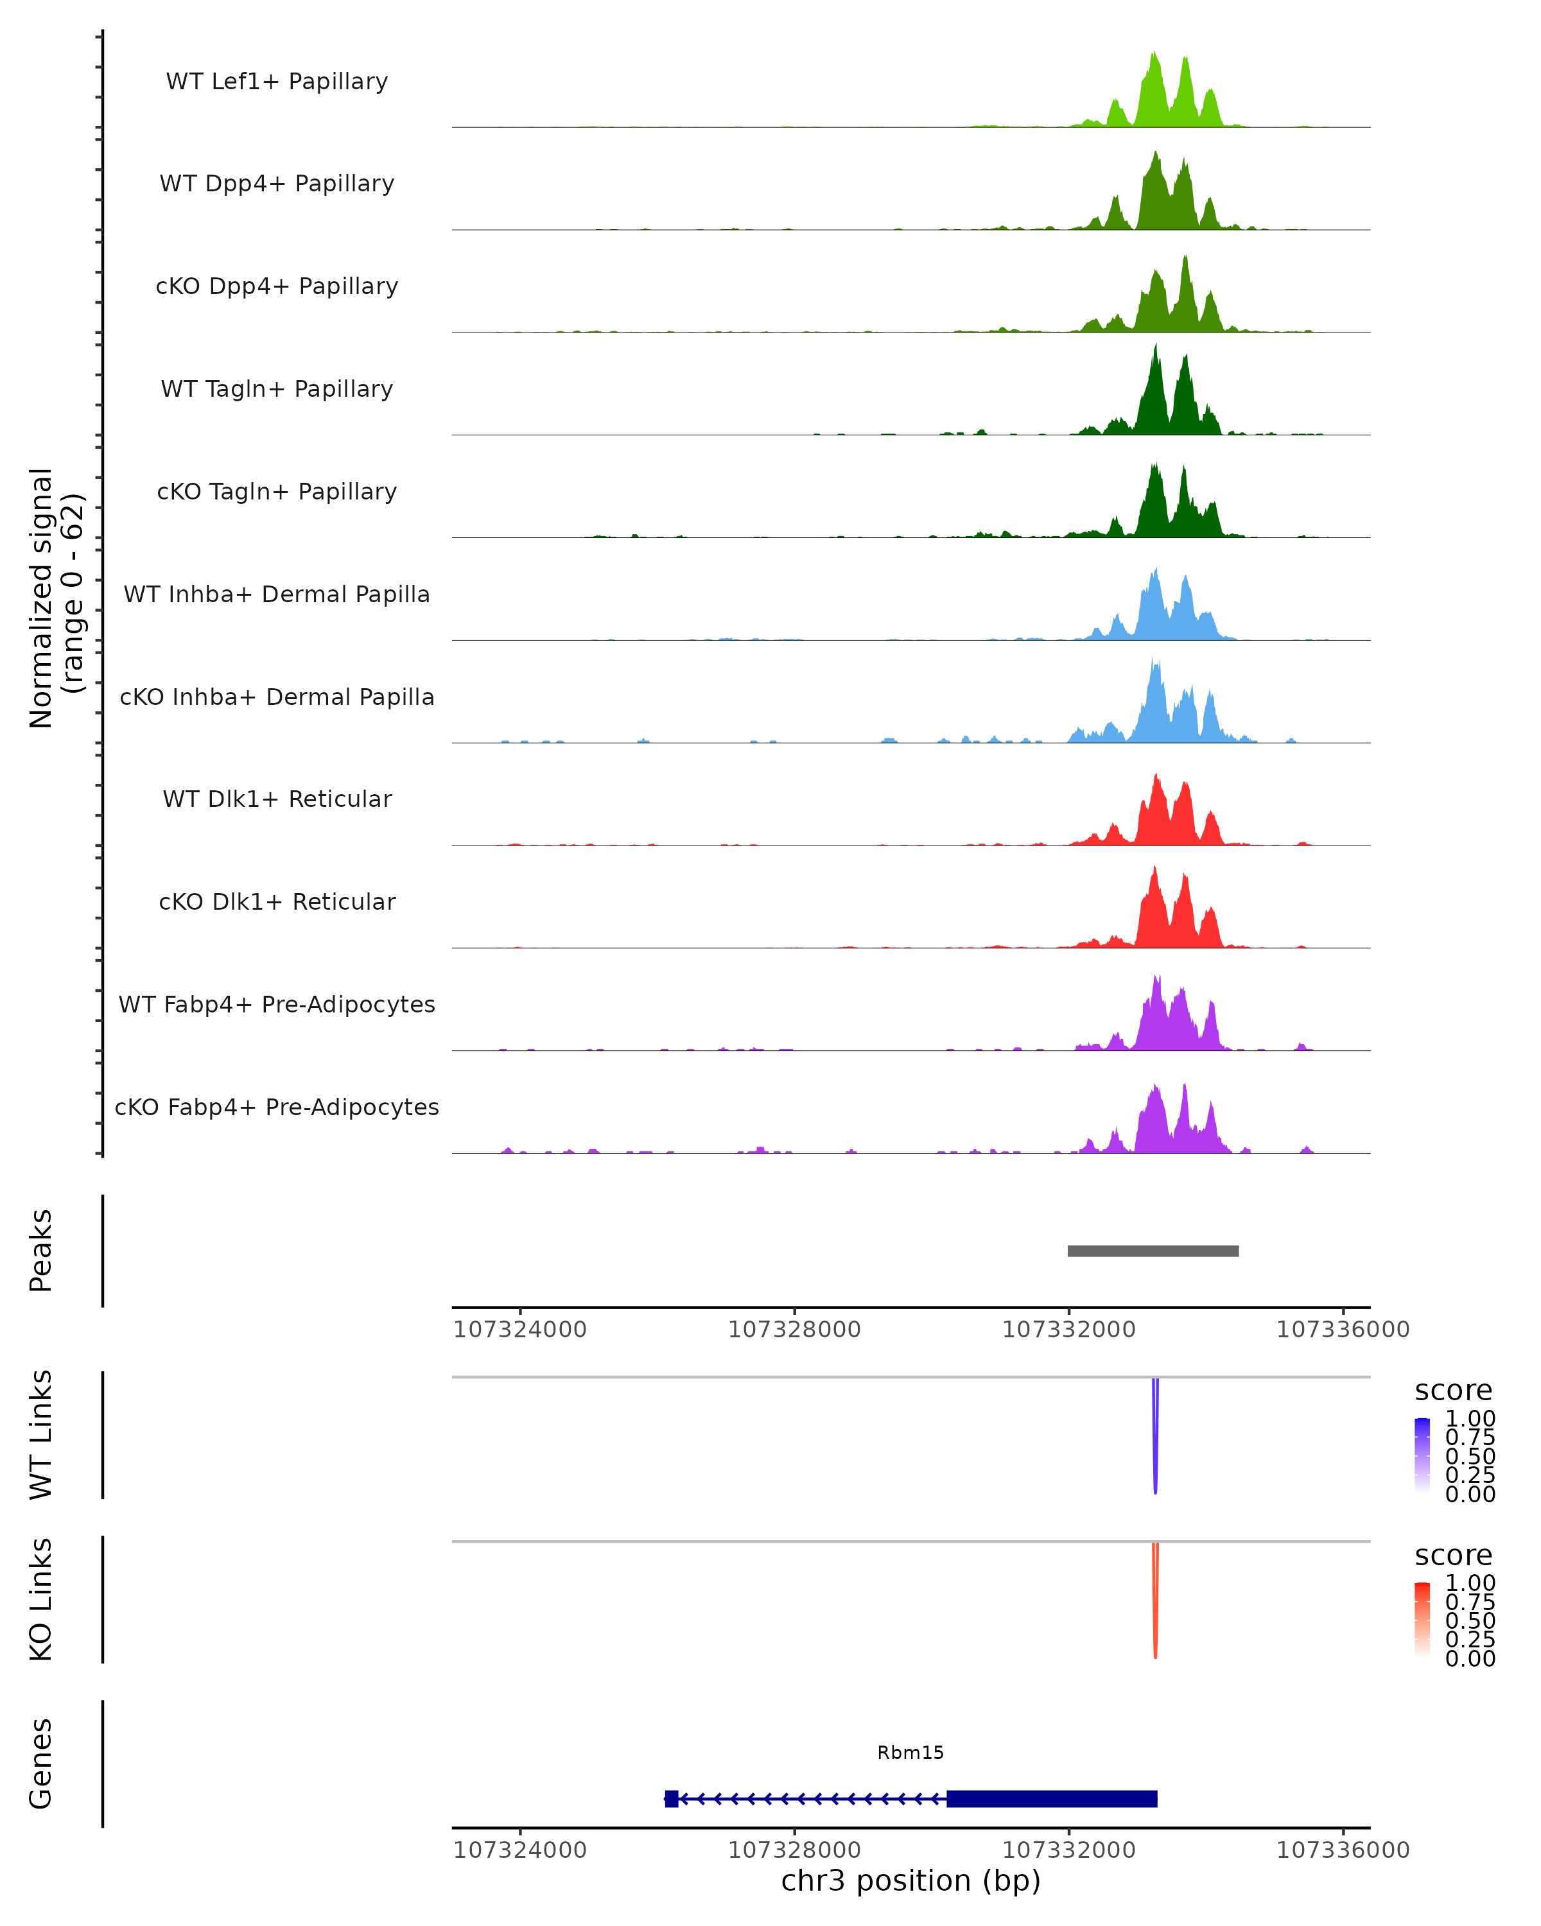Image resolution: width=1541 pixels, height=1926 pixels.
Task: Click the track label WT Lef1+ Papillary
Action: coord(277,82)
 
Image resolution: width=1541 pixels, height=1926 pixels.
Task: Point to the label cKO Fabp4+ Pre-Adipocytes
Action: coord(277,1107)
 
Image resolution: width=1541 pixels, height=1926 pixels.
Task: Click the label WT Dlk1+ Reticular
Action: coord(277,799)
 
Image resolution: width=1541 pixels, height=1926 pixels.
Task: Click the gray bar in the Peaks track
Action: coord(1153,1251)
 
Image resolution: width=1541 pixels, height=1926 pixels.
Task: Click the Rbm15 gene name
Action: coord(910,1753)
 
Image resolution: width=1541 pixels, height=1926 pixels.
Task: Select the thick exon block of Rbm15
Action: coord(1052,1798)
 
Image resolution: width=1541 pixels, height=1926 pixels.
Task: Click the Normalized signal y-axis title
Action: coord(55,598)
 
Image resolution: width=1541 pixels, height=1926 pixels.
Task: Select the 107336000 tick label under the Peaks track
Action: coord(1343,1330)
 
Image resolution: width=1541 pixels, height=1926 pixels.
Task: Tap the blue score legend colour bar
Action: coord(1422,1455)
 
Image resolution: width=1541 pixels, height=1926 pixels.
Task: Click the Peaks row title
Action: coord(41,1251)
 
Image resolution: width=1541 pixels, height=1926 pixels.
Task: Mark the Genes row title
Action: coord(41,1764)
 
